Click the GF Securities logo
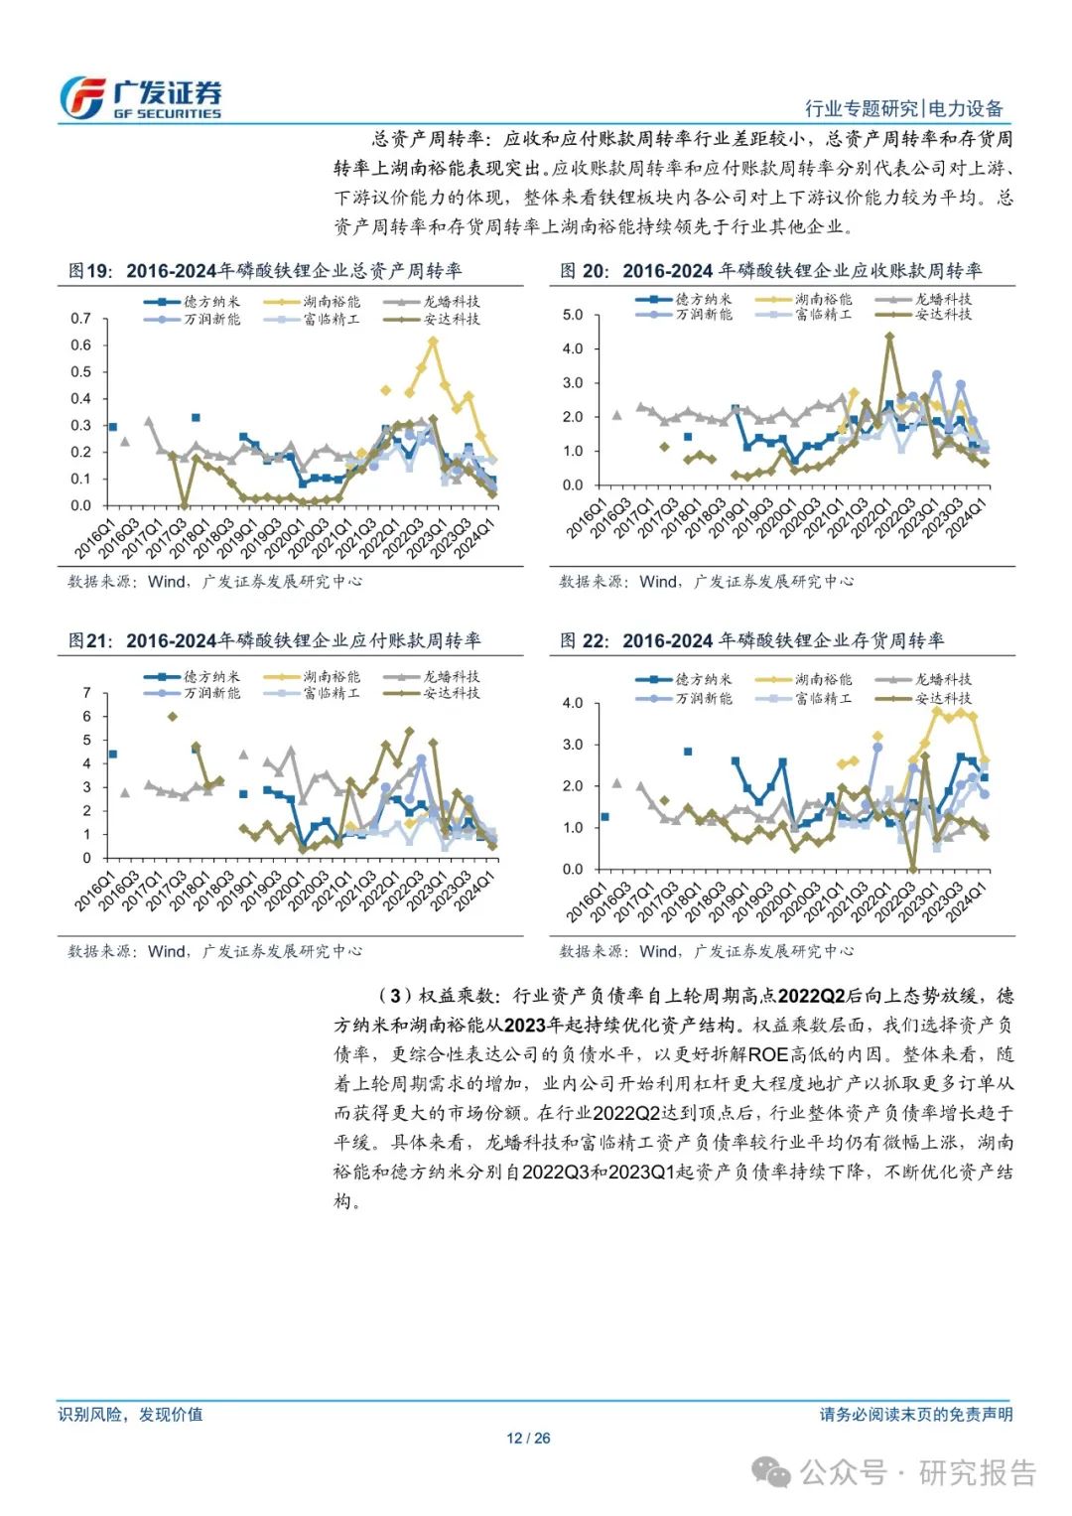pyautogui.click(x=140, y=99)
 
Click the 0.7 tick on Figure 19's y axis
pyautogui.click(x=80, y=319)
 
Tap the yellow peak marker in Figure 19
pyautogui.click(x=433, y=341)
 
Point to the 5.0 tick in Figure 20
pyautogui.click(x=573, y=315)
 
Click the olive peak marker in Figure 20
pyautogui.click(x=889, y=336)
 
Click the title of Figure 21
pyautogui.click(x=274, y=641)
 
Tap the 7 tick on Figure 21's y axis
pyautogui.click(x=87, y=693)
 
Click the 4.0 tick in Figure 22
pyautogui.click(x=573, y=703)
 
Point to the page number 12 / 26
pyautogui.click(x=528, y=1439)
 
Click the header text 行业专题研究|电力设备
pyautogui.click(x=903, y=109)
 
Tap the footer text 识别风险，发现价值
pyautogui.click(x=130, y=1414)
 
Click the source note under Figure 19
pyautogui.click(x=214, y=582)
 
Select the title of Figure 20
pyautogui.click(x=770, y=271)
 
